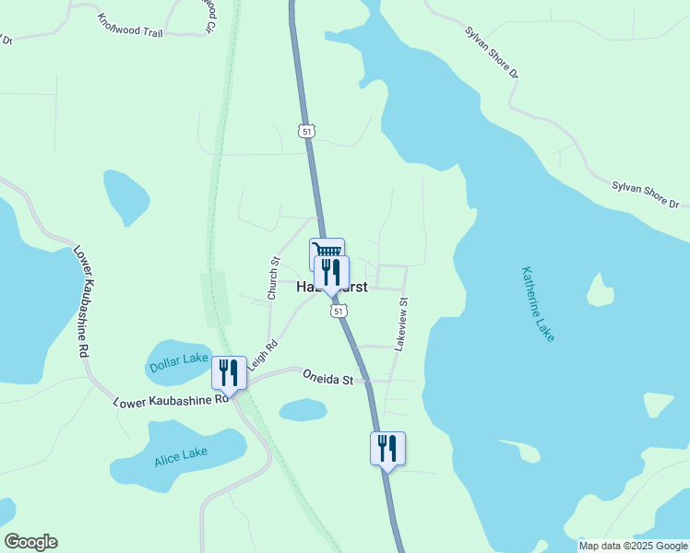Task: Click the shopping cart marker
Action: coord(327,252)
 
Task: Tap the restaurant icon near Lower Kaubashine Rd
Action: coord(229,372)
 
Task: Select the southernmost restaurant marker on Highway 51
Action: coord(387,448)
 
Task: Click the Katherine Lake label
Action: coord(538,304)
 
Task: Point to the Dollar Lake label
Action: coord(179,363)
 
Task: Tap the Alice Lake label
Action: coord(181,455)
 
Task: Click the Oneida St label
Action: coord(328,378)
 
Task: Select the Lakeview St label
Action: coord(401,324)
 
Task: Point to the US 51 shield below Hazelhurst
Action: coord(339,312)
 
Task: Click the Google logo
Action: coord(30,542)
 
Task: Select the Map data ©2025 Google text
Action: coord(634,546)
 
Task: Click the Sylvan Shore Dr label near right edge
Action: coord(645,194)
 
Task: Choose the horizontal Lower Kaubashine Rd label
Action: coord(171,401)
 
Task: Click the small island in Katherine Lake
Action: coord(601,292)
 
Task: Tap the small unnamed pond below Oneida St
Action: coord(303,409)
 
